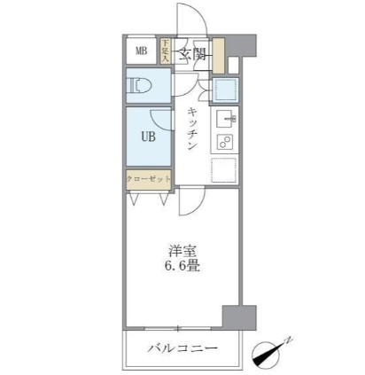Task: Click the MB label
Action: (x=141, y=51)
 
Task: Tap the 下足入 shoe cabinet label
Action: (x=166, y=51)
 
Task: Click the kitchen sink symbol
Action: (x=225, y=118)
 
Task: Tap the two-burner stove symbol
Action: (x=225, y=143)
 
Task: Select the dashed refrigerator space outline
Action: (x=225, y=170)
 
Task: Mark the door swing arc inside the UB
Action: (x=159, y=118)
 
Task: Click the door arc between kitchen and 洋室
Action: (x=189, y=202)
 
